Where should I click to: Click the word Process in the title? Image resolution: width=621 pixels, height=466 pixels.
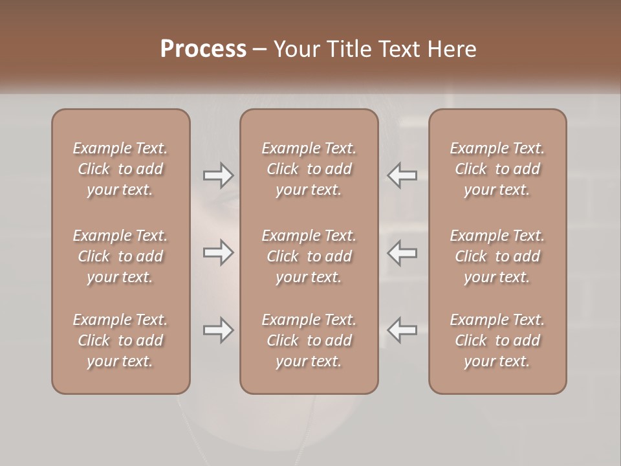coord(203,49)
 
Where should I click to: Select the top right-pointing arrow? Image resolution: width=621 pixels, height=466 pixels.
coord(218,175)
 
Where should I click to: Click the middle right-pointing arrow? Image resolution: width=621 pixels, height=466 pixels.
coord(218,253)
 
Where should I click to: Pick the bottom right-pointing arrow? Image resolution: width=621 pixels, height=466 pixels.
coord(218,330)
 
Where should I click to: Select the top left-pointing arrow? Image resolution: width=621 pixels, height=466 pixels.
coord(402,175)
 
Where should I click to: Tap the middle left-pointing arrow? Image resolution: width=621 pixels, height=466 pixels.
coord(402,253)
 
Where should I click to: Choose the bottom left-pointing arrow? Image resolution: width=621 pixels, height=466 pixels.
coord(402,330)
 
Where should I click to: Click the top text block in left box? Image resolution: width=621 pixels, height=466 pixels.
coord(120,169)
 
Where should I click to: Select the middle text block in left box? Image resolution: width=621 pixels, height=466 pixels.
coord(120,256)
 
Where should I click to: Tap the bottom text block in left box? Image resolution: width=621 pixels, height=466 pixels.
coord(120,340)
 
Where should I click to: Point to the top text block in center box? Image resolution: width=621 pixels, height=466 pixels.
coord(309,169)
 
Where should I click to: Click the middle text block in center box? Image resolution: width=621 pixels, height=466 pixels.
coord(309,256)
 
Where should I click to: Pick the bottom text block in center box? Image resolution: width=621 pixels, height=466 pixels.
coord(309,340)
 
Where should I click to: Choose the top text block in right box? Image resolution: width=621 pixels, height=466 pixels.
coord(497,169)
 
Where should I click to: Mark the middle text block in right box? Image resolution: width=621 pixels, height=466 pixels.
coord(497,256)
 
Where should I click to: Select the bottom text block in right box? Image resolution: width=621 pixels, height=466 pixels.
coord(497,340)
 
